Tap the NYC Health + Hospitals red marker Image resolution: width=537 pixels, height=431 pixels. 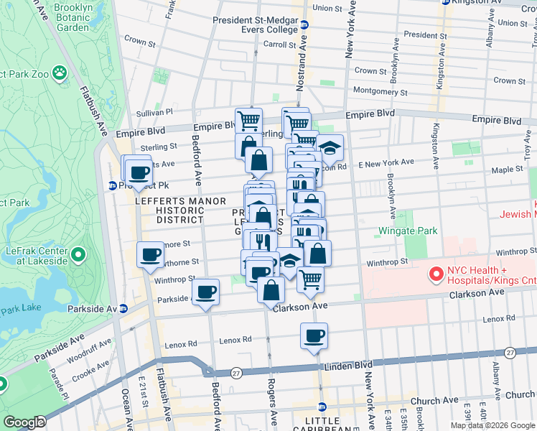click(x=435, y=274)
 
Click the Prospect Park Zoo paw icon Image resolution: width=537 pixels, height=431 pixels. click(x=59, y=73)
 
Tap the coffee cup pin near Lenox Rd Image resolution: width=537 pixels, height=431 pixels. click(x=314, y=336)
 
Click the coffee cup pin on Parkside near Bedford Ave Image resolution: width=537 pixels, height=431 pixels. click(x=205, y=292)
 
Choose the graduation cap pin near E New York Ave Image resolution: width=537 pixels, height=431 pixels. click(x=330, y=148)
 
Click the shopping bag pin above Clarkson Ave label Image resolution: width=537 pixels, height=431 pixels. click(x=271, y=290)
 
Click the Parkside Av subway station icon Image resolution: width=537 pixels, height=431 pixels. click(x=123, y=308)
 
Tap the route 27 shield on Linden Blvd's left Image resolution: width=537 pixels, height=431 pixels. click(x=236, y=372)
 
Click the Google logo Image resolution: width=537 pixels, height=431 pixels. click(x=24, y=422)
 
